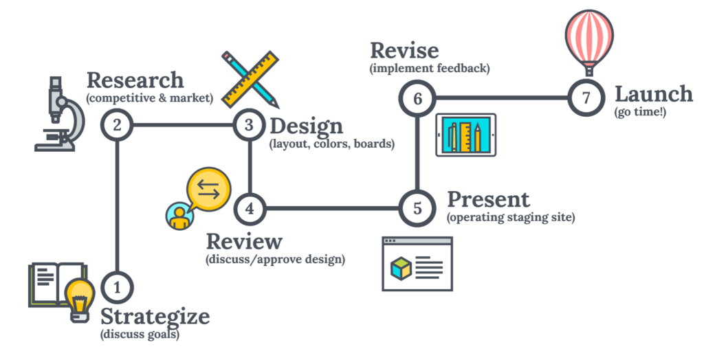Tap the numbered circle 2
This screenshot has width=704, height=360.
pos(118,125)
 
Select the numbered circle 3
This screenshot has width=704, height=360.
pos(249,125)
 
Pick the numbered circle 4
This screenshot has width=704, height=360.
pos(249,207)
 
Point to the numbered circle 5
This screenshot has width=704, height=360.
pos(417,207)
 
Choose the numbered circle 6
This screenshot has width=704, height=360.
pos(417,98)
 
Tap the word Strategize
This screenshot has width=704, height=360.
pos(155,317)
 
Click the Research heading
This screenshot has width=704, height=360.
pos(135,80)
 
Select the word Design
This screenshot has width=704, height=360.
pos(305,126)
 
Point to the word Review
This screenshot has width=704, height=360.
pos(244,242)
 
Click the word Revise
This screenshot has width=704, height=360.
pos(406,50)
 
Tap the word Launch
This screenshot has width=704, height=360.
pos(653,94)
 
